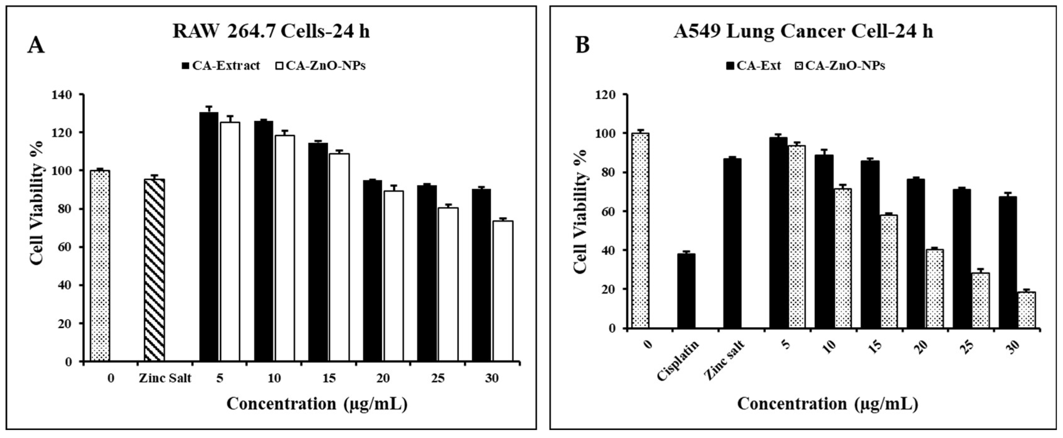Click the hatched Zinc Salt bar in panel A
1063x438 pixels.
[154, 270]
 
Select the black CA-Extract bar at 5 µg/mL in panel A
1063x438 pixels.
[209, 237]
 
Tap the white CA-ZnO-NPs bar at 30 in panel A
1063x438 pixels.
[503, 291]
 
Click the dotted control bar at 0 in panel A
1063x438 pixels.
[100, 266]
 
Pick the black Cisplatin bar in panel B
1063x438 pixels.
[686, 291]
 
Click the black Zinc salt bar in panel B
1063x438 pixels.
[732, 244]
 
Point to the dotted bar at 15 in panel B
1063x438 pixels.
[888, 271]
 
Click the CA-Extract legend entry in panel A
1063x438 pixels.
[221, 66]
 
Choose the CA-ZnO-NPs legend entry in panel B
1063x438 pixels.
[840, 66]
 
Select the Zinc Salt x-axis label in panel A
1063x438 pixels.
[165, 378]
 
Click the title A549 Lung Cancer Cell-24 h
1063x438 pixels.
[803, 31]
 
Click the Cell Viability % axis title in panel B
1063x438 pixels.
[580, 211]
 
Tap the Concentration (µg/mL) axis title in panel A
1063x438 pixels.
[317, 404]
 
